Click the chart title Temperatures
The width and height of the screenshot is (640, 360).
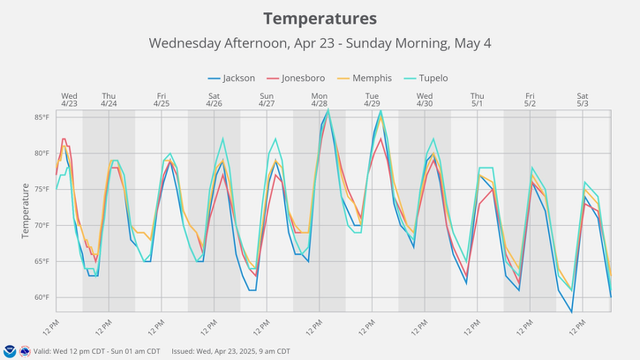click(x=320, y=19)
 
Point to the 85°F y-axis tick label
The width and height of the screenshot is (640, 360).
click(x=42, y=117)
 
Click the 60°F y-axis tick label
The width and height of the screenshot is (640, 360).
click(x=42, y=297)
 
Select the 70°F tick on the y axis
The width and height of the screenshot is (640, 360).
click(x=42, y=225)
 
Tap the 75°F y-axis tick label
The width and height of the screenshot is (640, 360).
click(x=42, y=189)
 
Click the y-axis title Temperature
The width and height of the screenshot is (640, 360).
click(x=25, y=211)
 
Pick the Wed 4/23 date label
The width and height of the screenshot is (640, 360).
click(x=69, y=100)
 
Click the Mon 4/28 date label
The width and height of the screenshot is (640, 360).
click(x=319, y=100)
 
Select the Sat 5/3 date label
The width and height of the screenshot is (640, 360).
click(x=582, y=100)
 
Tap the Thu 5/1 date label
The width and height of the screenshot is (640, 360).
click(x=477, y=100)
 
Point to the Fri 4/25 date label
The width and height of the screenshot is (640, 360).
click(x=161, y=100)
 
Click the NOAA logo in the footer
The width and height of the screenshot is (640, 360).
click(x=9, y=351)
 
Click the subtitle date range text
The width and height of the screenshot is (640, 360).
click(x=320, y=43)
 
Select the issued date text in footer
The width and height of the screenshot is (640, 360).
click(x=231, y=351)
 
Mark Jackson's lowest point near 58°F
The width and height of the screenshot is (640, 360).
click(x=572, y=311)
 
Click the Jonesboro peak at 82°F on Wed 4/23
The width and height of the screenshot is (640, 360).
click(x=64, y=139)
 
